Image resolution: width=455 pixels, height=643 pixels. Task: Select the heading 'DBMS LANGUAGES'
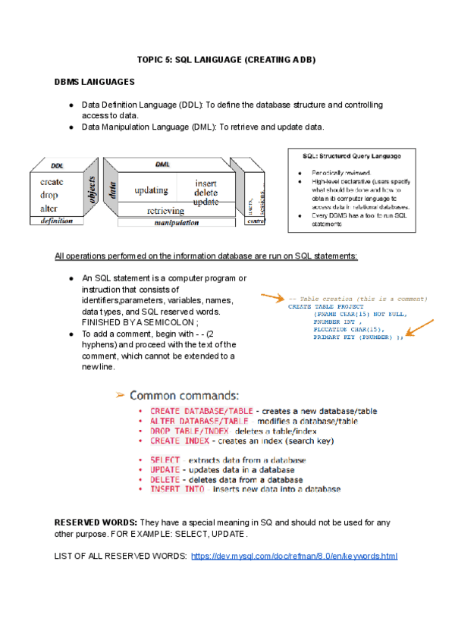pos(94,81)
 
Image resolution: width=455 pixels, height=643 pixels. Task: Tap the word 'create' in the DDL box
pos(52,182)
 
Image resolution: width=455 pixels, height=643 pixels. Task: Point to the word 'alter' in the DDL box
pos(49,209)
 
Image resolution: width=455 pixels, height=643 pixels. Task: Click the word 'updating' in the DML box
pos(151,190)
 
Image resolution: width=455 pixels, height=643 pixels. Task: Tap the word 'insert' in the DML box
pos(206,183)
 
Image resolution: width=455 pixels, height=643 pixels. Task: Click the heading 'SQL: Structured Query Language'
pos(352,156)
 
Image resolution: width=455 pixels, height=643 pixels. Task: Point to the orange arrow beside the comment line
pos(271,296)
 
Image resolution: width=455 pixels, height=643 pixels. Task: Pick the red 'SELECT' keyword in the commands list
pos(165,460)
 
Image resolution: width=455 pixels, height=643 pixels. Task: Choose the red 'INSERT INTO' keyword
pos(175,489)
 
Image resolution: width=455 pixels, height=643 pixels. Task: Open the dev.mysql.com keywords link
pos(294,557)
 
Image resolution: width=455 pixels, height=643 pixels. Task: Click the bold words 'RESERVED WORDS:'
pos(96,523)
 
